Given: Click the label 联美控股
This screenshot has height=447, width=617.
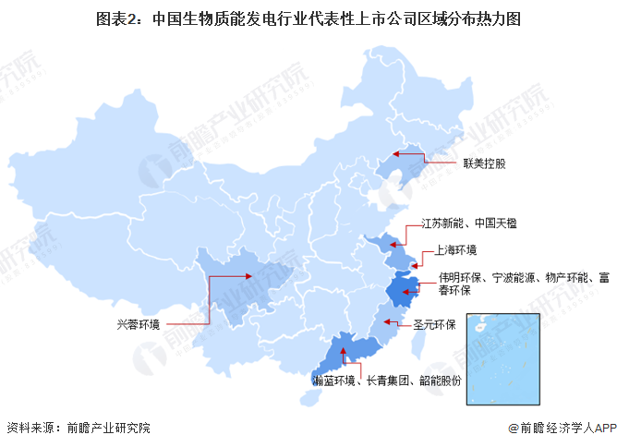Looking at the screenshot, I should coord(485,163).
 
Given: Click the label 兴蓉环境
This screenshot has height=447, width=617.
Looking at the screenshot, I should coord(138,324).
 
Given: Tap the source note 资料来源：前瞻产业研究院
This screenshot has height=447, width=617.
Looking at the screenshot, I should coord(78,429).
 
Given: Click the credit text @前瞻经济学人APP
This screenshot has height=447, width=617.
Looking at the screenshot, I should coord(560,429).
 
